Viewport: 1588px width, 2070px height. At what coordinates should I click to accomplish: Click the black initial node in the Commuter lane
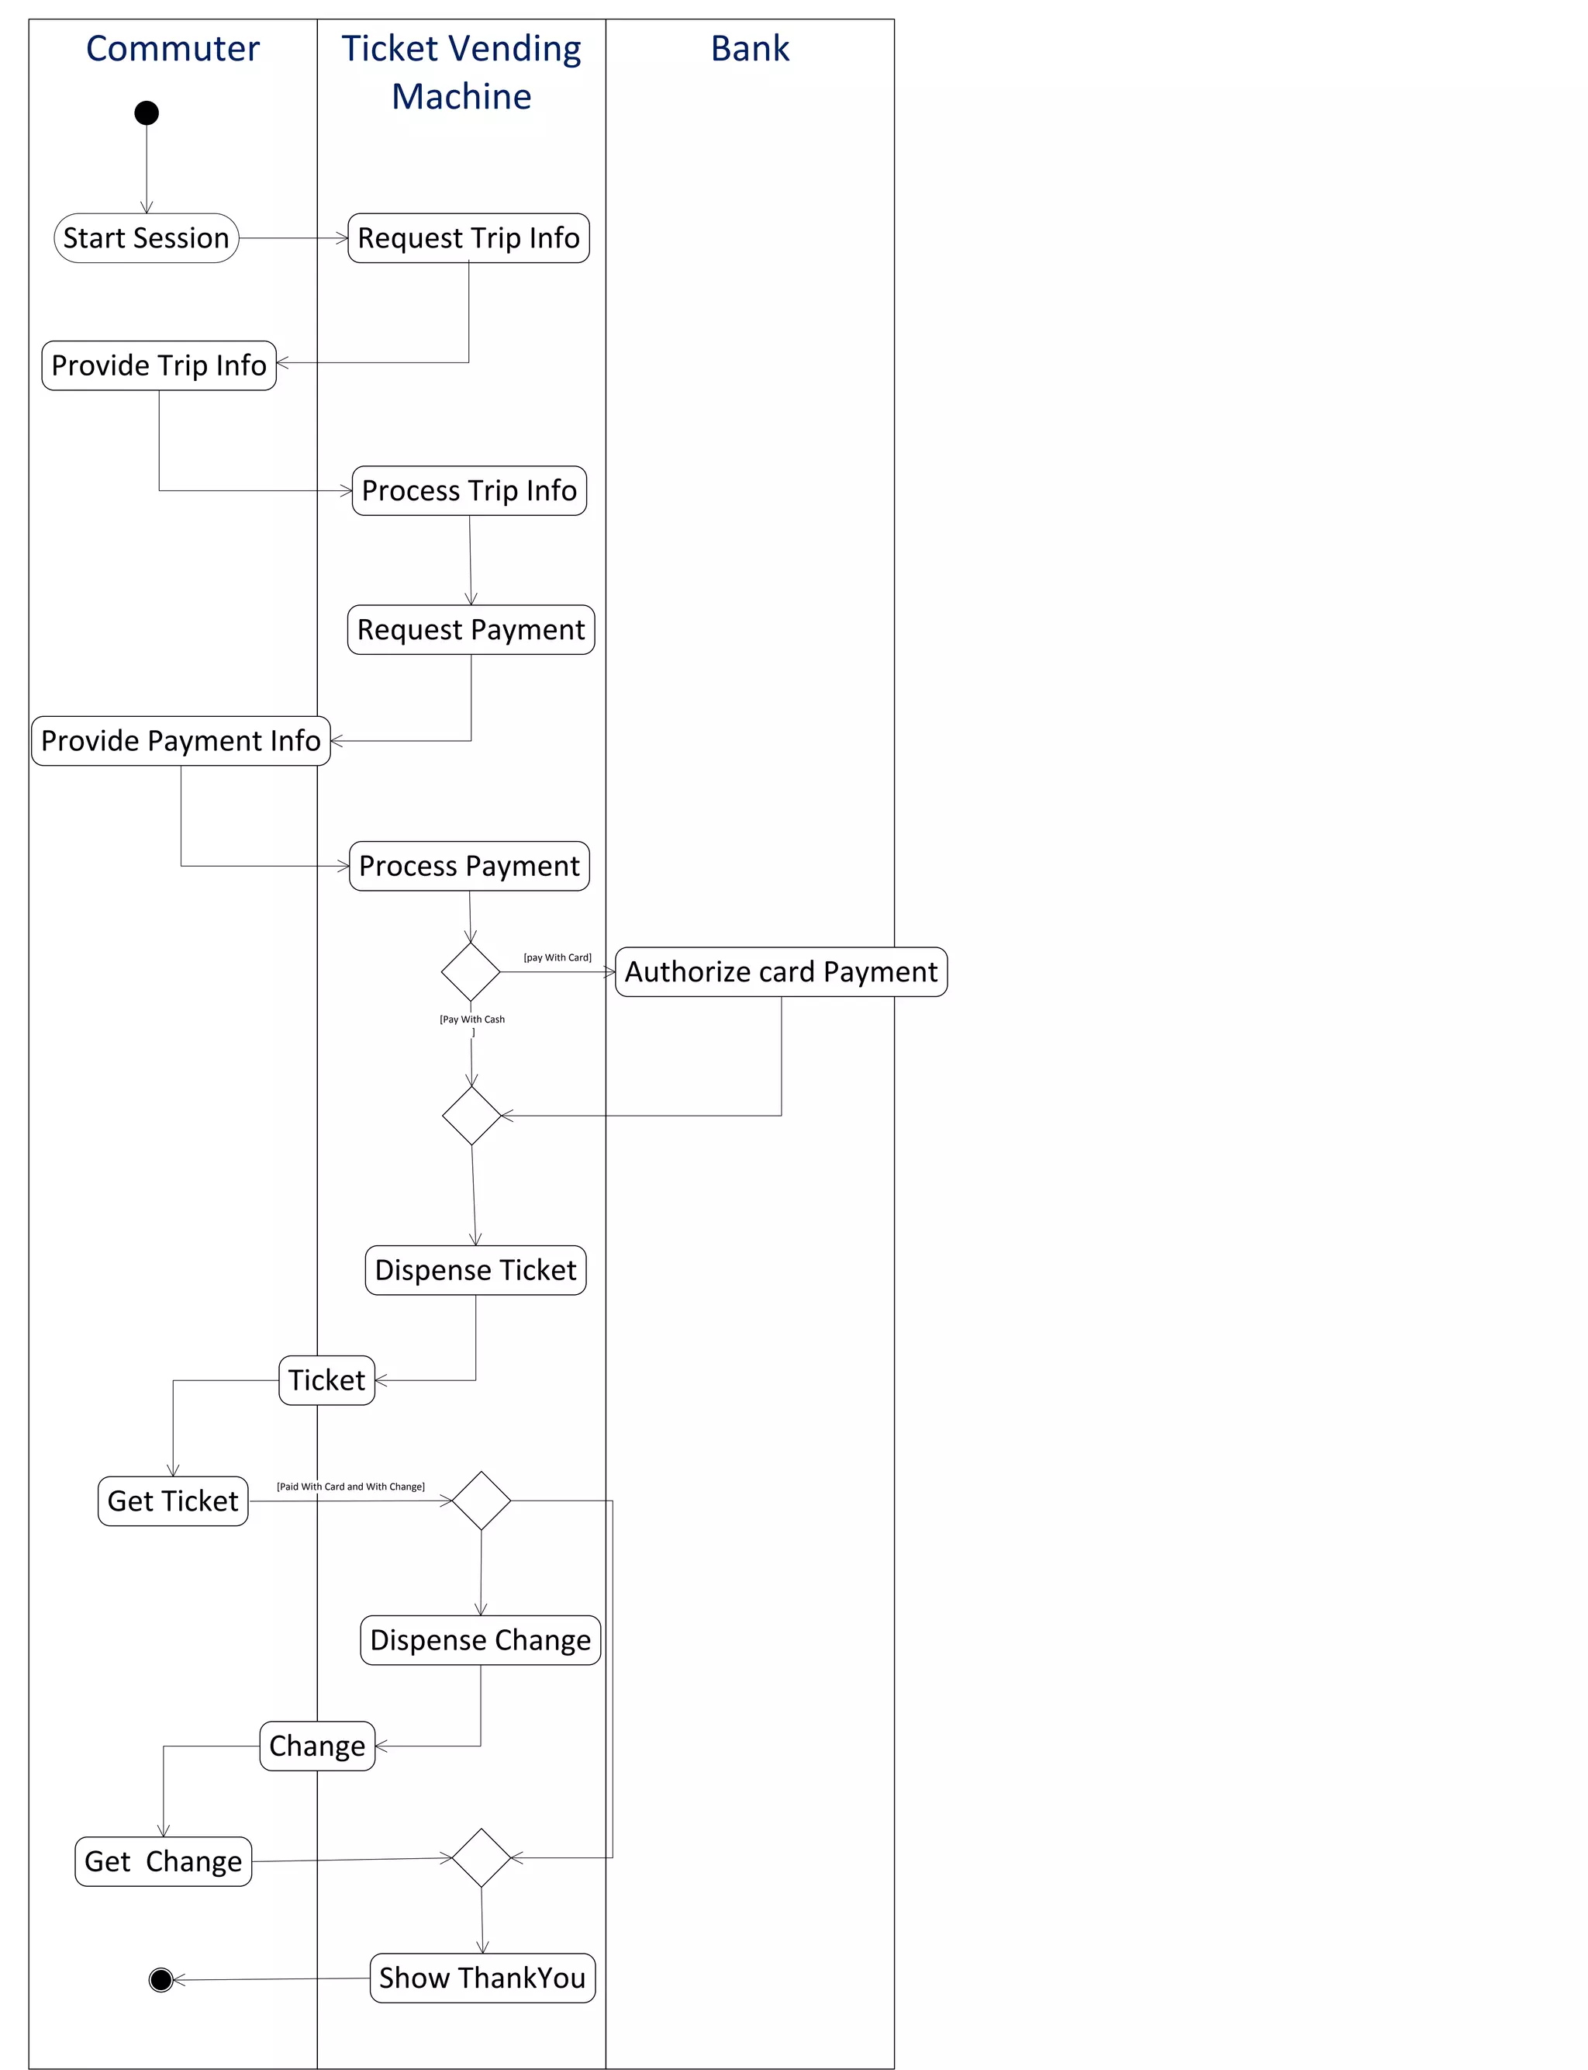pos(147,113)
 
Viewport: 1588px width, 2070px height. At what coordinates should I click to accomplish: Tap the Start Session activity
pos(147,238)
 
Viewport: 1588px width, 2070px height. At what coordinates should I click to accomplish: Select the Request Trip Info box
pos(469,238)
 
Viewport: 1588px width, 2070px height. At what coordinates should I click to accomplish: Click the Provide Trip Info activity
pos(159,366)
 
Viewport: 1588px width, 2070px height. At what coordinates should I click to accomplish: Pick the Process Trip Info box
pos(469,491)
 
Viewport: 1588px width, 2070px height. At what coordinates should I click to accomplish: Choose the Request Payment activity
pos(471,630)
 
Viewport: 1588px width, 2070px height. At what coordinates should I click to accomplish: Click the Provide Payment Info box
pos(181,740)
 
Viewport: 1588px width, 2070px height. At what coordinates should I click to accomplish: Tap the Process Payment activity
pos(469,866)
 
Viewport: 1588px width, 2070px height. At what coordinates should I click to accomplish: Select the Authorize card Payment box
pos(781,972)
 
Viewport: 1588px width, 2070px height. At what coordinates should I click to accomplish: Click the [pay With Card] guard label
pos(558,957)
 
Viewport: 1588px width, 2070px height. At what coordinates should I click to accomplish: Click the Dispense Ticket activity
pos(475,1270)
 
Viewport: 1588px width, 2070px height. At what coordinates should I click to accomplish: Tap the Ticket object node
pos(327,1380)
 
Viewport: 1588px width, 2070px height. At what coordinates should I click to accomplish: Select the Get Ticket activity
pos(173,1501)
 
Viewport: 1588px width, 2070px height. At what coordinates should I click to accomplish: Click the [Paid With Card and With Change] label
pos(350,1487)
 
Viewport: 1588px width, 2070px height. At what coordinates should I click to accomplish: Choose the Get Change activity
pos(164,1861)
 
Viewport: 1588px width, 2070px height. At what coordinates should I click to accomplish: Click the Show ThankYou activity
pos(482,1978)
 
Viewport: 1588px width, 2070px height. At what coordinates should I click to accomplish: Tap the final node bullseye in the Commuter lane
pos(161,1979)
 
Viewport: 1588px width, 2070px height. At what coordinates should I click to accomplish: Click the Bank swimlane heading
pos(750,49)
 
